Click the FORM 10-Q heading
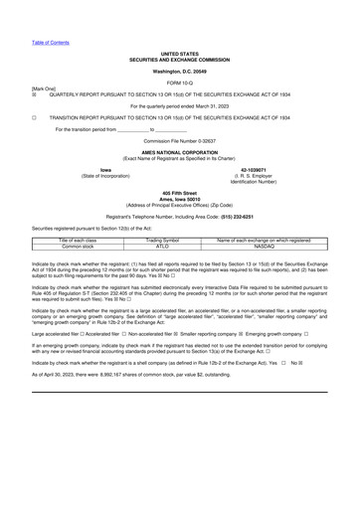(180, 83)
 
